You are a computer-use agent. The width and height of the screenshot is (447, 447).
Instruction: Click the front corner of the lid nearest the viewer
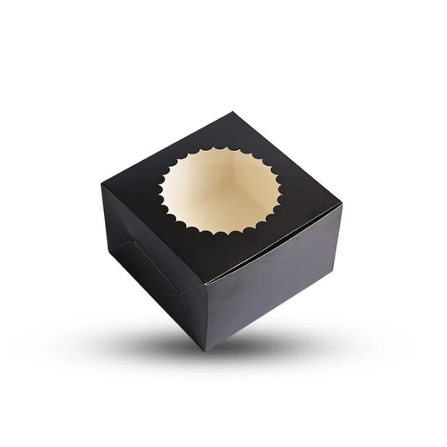205,283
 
